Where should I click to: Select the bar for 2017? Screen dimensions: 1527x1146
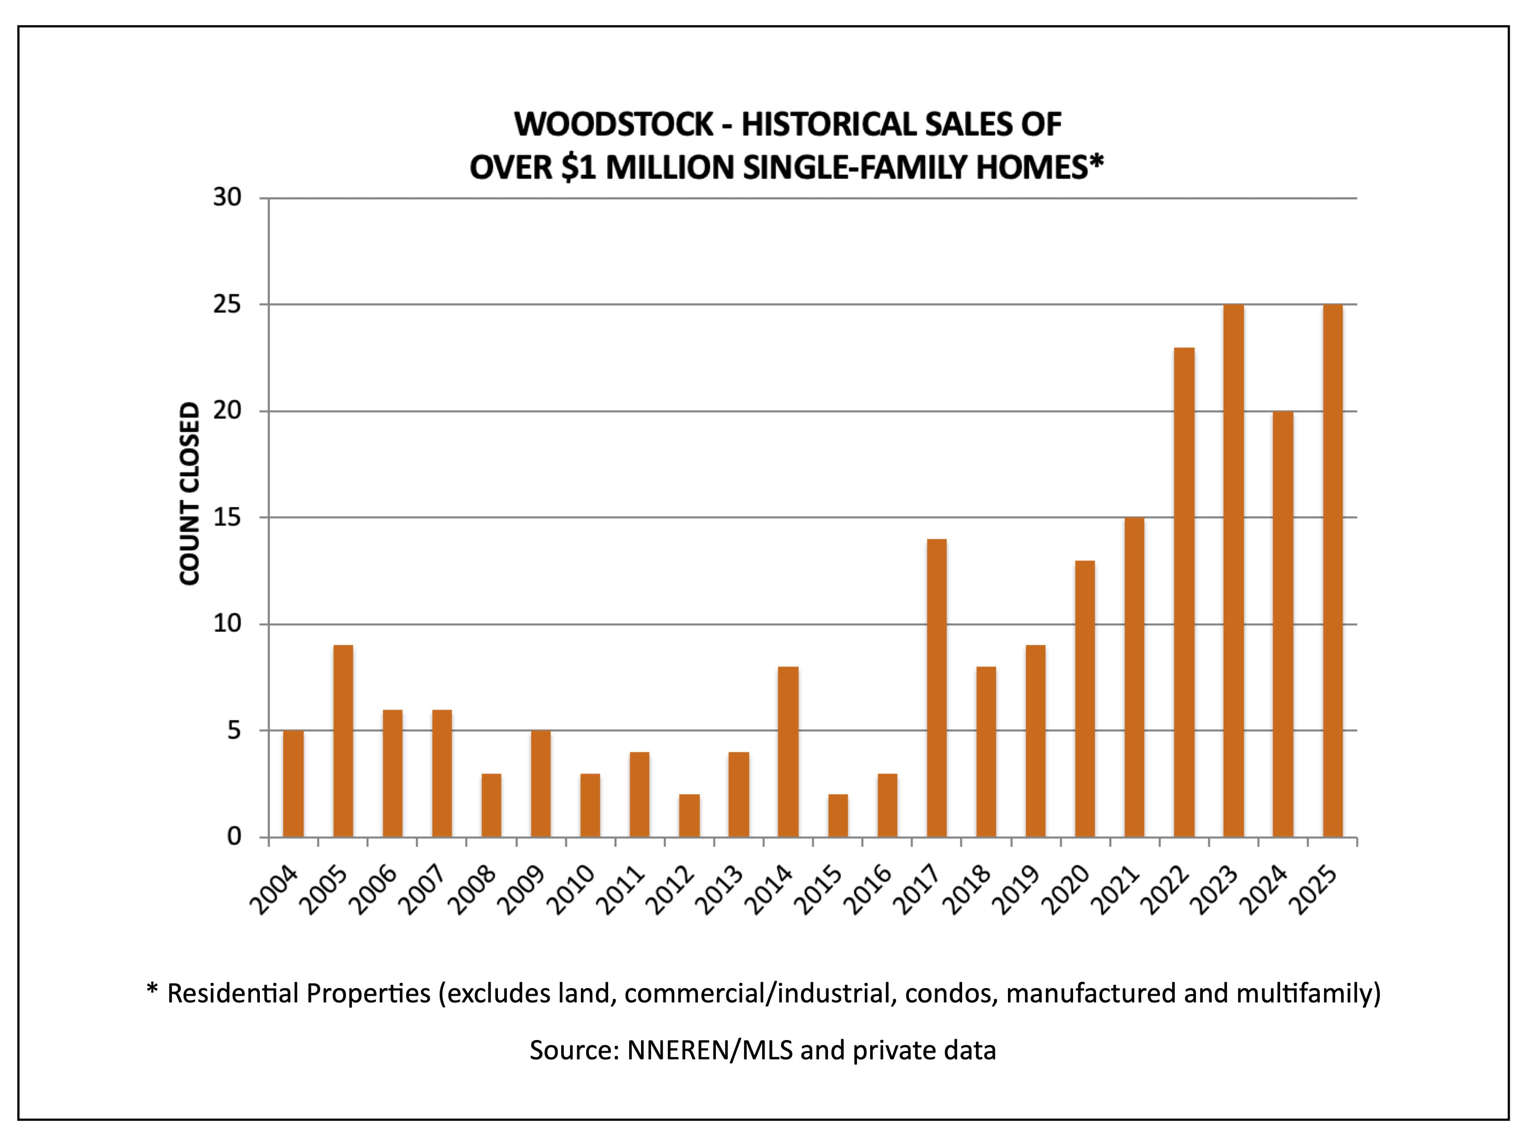(x=937, y=688)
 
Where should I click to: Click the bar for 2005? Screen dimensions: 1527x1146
(x=343, y=741)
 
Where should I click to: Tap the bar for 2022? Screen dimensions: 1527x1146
(x=1184, y=593)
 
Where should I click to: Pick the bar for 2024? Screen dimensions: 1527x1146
(x=1283, y=625)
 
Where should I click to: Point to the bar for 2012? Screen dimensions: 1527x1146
(x=689, y=816)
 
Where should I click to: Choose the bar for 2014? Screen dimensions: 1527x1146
(x=788, y=752)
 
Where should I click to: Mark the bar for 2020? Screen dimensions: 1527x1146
(x=1085, y=699)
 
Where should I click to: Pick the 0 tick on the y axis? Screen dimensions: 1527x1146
(x=235, y=837)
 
